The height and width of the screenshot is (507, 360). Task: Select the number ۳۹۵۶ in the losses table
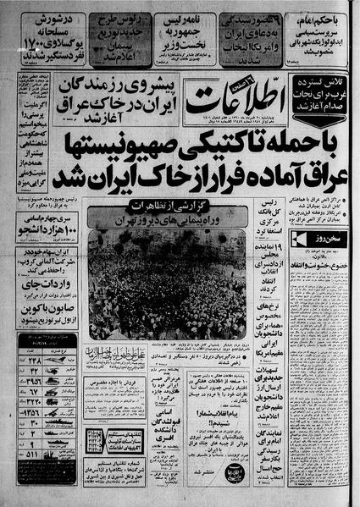pyautogui.click(x=34, y=379)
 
